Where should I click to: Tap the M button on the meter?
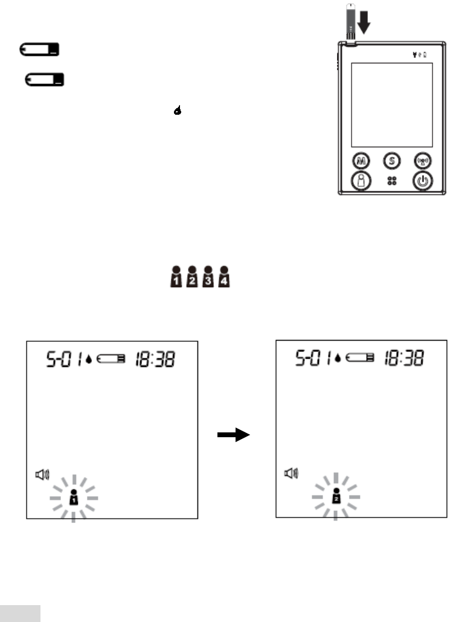[x=361, y=162]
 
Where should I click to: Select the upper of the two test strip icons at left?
[x=39, y=50]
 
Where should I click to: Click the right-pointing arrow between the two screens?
[x=235, y=435]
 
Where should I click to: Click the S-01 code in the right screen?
[x=307, y=359]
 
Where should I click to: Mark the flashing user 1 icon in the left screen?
[x=73, y=497]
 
